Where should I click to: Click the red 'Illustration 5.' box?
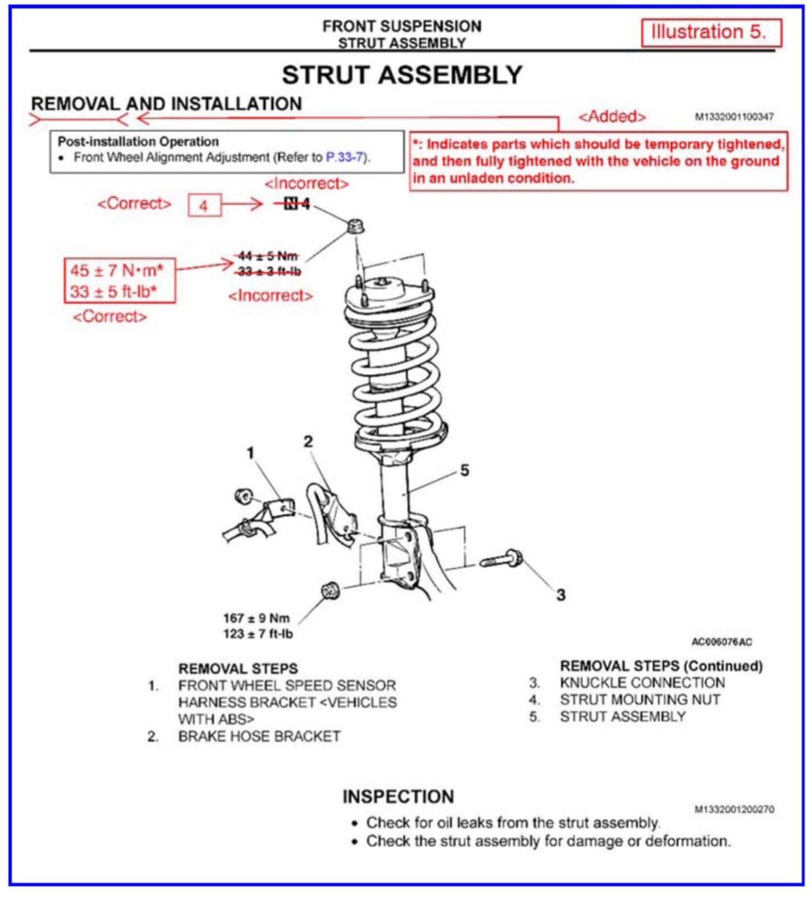point(711,33)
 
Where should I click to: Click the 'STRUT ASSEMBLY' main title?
point(402,75)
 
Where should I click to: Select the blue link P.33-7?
point(345,157)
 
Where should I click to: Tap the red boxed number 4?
point(204,205)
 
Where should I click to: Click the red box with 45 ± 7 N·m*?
point(119,281)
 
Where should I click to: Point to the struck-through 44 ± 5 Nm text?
point(268,256)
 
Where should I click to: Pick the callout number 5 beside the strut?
point(464,470)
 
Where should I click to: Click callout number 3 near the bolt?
point(561,595)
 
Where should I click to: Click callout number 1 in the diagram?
point(251,453)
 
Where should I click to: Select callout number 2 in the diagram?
point(308,441)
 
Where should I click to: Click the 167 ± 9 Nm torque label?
point(257,618)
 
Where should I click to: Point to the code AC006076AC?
point(721,642)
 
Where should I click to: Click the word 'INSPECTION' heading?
point(398,797)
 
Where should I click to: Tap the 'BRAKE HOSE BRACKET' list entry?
point(259,736)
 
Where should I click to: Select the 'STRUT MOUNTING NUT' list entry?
point(640,700)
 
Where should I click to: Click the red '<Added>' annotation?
point(612,117)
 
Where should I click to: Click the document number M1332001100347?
point(734,117)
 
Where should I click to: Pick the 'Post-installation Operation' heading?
point(138,142)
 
